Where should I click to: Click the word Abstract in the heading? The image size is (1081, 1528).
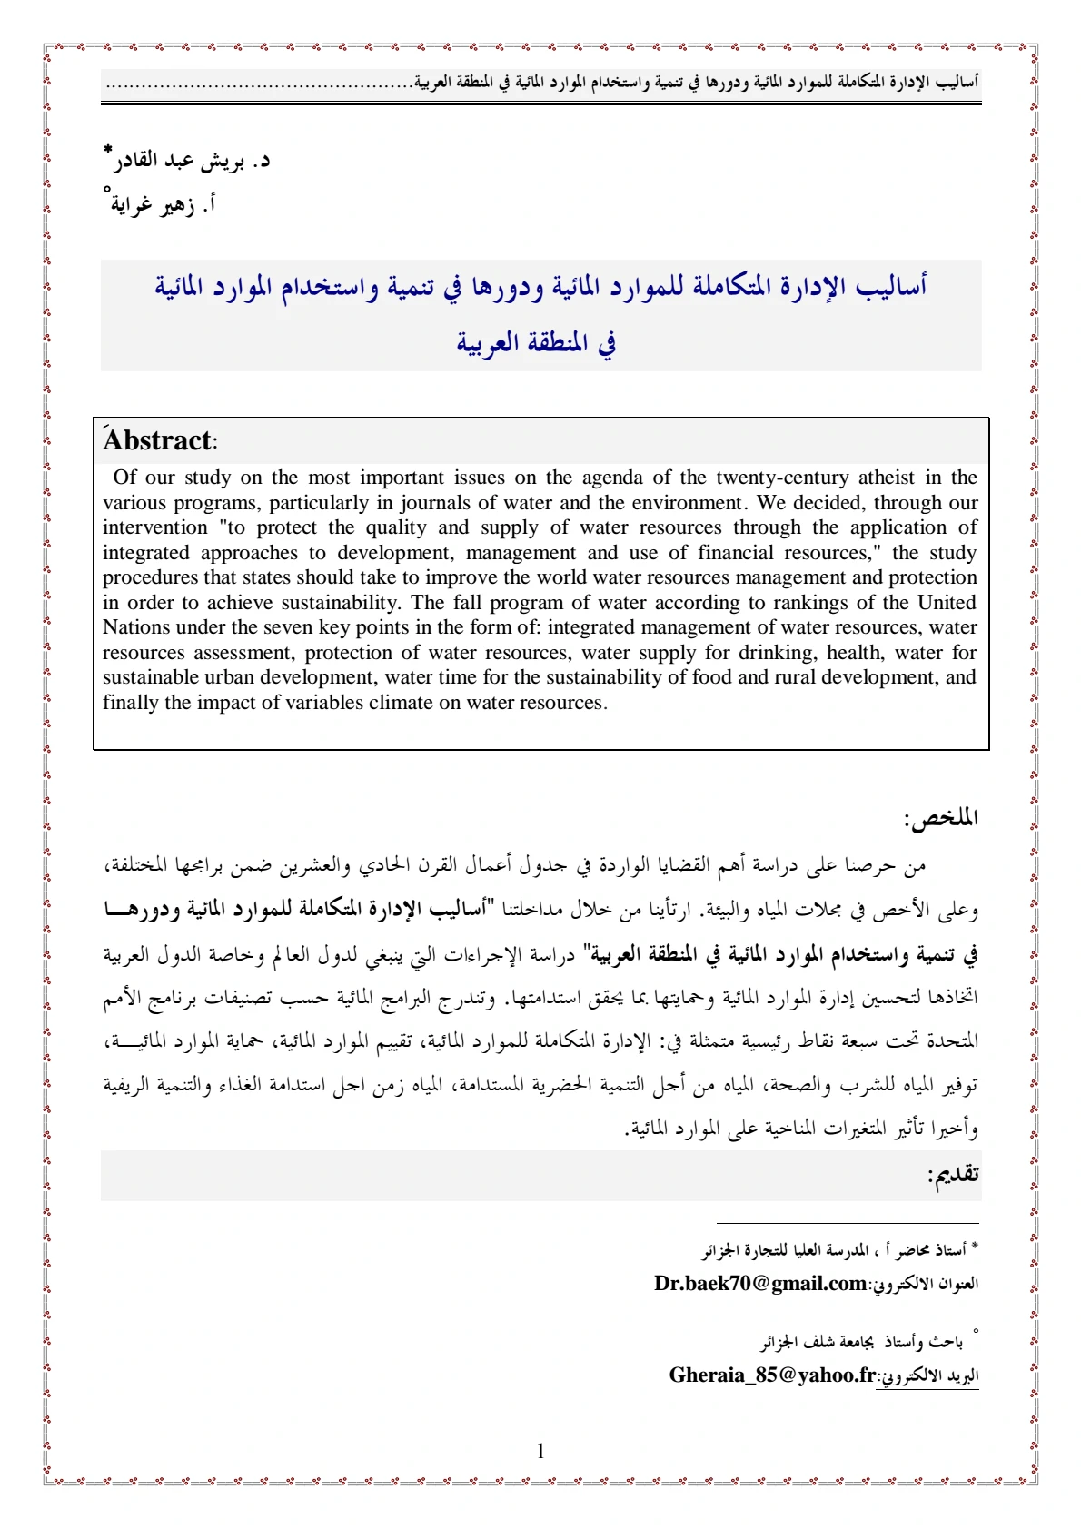157,440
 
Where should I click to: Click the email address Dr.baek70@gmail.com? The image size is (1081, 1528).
759,1283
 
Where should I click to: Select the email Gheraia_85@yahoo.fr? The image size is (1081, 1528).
772,1375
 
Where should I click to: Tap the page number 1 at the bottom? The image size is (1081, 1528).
540,1451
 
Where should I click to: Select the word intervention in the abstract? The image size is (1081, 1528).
155,527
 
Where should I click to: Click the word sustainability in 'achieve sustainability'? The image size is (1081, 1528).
340,603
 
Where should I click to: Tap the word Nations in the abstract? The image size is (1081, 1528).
136,627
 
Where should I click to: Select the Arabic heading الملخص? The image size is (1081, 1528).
941,818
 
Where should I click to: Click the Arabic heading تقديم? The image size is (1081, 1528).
953,1175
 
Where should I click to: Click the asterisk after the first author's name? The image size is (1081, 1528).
108,148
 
